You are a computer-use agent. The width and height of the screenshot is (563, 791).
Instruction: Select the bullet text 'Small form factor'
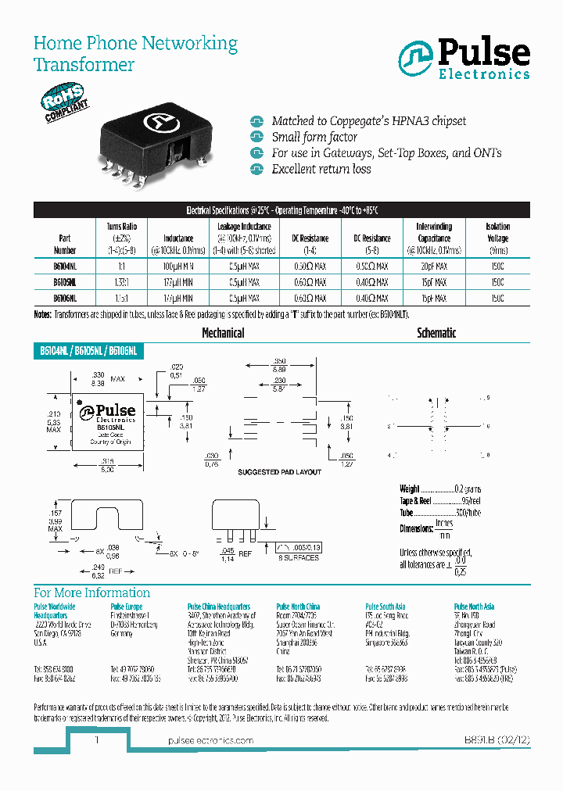coord(314,137)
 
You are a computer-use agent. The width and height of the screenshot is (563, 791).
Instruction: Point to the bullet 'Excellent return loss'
coord(321,169)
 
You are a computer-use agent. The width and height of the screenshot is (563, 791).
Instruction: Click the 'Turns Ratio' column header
coord(121,232)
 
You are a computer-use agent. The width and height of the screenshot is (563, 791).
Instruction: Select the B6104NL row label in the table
coord(65,267)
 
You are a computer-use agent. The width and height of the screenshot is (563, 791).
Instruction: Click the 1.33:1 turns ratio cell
coord(121,282)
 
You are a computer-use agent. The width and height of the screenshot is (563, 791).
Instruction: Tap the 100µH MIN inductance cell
coord(178,267)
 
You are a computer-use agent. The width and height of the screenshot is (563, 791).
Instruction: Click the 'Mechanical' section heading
coord(223,333)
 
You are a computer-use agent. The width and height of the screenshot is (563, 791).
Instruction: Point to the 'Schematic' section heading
coord(436,333)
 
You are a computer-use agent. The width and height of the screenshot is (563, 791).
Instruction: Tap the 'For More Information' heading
coord(92,592)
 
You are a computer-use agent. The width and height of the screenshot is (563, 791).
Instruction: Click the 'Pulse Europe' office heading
coord(126,607)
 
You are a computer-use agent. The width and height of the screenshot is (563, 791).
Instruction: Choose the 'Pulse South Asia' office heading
coord(385,607)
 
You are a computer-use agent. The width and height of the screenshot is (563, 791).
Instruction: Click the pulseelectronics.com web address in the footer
coord(211,740)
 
